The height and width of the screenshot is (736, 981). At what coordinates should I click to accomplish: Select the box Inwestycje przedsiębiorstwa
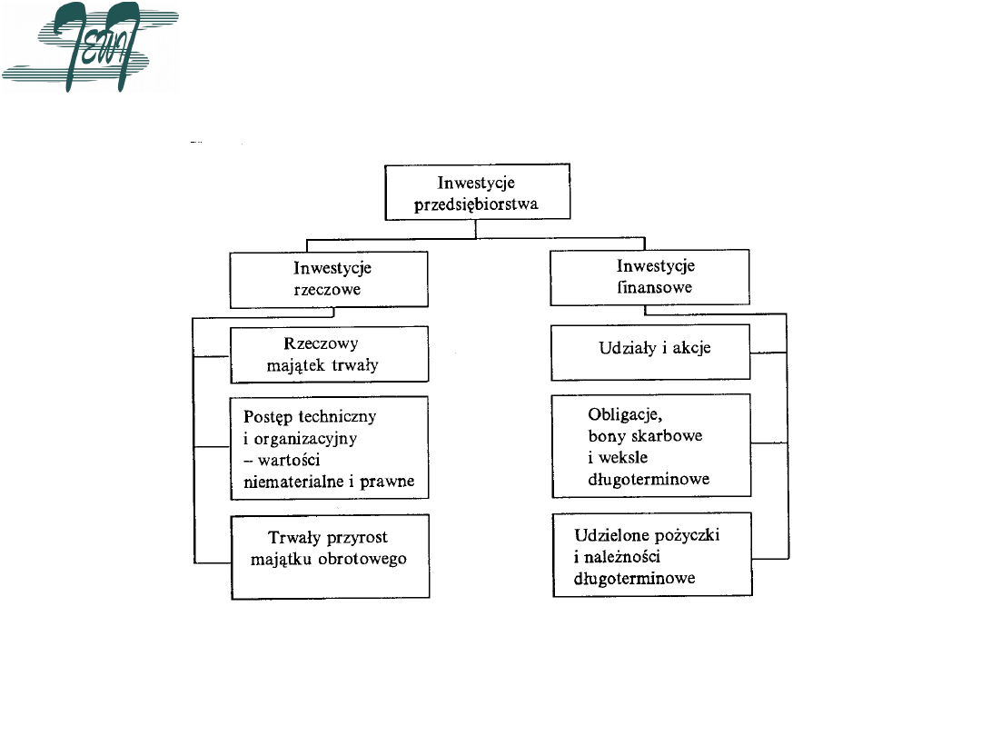[x=478, y=192]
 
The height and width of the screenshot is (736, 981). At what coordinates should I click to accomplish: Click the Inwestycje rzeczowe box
[x=328, y=279]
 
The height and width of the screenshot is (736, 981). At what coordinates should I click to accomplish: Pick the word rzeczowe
[x=328, y=290]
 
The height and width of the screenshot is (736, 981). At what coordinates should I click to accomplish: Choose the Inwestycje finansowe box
[x=650, y=277]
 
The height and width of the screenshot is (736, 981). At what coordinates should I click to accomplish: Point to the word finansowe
[x=655, y=288]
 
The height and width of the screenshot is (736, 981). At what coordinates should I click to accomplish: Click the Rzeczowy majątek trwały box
[x=328, y=354]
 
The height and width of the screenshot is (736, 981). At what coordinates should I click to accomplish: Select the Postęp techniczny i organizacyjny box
[x=329, y=448]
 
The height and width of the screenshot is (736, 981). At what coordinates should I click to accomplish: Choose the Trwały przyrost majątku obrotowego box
[x=329, y=555]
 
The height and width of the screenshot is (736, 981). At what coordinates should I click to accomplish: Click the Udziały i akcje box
[x=650, y=353]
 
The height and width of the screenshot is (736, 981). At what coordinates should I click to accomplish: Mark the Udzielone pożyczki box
[x=652, y=554]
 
